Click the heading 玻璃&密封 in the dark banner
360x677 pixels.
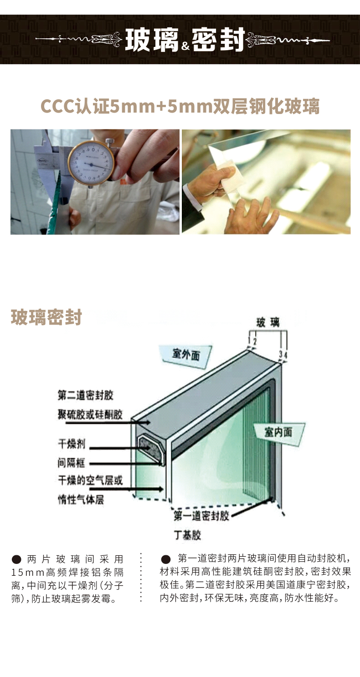(x=185, y=40)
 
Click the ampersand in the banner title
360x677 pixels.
(x=185, y=46)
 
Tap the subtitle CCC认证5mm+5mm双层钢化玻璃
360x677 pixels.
(x=180, y=106)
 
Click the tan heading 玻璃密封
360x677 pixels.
(x=46, y=317)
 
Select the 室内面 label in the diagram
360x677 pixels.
(x=278, y=432)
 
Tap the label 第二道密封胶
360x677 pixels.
(x=86, y=395)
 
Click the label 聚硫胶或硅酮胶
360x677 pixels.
(x=90, y=414)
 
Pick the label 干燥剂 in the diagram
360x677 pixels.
(x=72, y=444)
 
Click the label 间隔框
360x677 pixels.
(x=71, y=463)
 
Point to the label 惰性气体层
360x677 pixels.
(x=81, y=500)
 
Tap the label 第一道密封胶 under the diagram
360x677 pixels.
(x=201, y=516)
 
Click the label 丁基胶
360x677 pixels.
(x=187, y=535)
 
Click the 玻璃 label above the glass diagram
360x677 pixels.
(x=268, y=322)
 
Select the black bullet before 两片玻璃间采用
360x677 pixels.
(x=16, y=559)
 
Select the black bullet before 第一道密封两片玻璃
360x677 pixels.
(x=166, y=559)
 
